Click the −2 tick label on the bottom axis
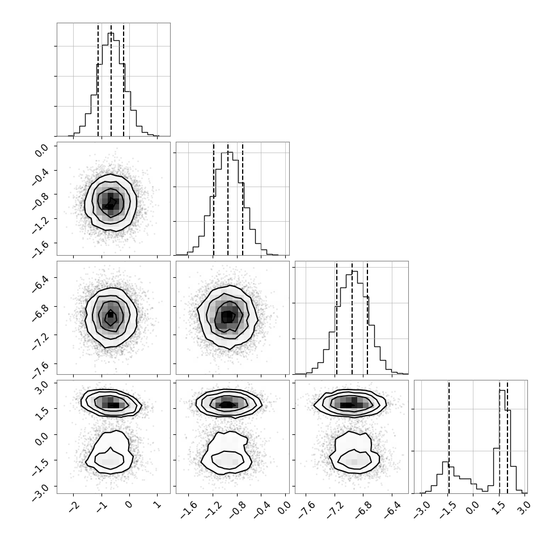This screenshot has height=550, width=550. (74, 505)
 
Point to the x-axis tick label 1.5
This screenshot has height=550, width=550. (500, 507)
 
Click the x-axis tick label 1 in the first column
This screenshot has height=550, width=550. (158, 505)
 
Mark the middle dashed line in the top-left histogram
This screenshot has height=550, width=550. (111, 79)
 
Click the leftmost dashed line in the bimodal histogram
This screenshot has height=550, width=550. (449, 437)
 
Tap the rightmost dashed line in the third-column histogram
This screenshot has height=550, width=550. (367, 318)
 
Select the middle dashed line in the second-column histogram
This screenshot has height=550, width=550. (227, 199)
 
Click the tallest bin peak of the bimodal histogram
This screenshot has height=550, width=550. (502, 391)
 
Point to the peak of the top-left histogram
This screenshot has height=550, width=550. (111, 33)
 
